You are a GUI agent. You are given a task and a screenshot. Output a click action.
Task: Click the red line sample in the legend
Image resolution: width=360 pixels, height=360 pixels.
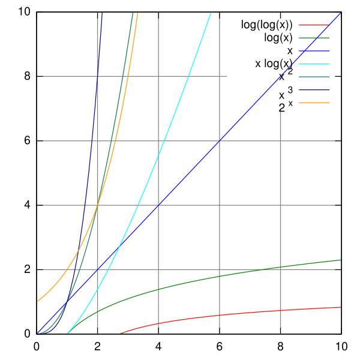click(314, 25)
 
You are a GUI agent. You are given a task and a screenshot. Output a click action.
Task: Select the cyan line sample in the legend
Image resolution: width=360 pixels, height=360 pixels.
click(314, 64)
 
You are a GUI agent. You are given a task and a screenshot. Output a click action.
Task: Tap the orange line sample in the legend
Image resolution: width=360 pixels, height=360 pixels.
click(314, 103)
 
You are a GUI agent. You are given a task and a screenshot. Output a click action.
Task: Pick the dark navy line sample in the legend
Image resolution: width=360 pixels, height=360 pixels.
click(314, 90)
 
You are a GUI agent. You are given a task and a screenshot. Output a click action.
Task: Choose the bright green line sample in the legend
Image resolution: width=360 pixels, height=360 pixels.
click(314, 38)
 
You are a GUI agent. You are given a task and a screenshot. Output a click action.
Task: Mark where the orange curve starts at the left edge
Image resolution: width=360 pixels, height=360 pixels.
click(37, 301)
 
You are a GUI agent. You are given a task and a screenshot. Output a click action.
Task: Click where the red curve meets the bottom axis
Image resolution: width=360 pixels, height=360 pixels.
click(119, 334)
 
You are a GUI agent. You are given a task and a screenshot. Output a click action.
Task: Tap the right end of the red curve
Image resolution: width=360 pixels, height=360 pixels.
click(341, 307)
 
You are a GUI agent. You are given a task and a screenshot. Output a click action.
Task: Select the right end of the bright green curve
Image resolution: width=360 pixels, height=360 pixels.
click(341, 260)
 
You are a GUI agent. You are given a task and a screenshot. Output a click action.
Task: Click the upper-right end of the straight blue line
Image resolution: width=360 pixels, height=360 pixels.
click(341, 13)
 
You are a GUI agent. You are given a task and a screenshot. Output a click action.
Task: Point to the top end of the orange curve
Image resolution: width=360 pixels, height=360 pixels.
click(138, 12)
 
